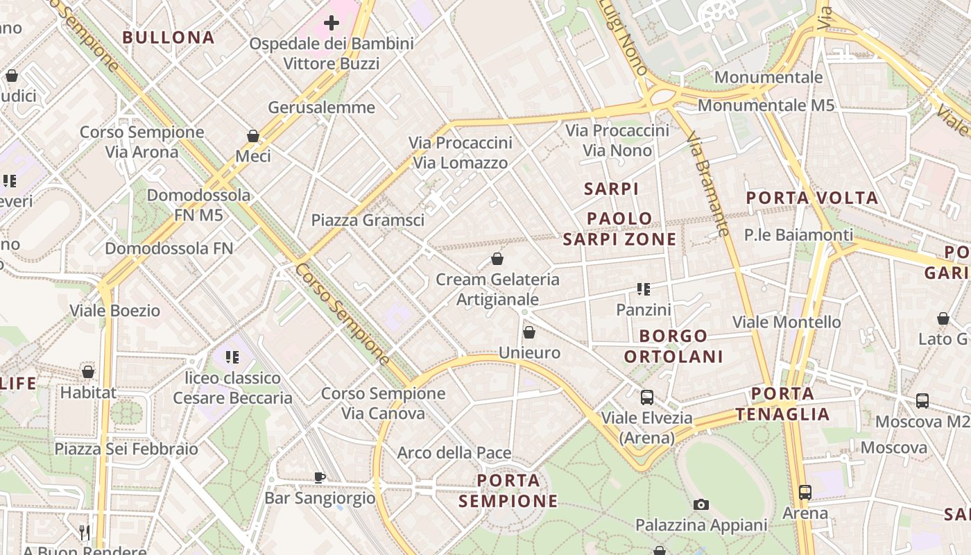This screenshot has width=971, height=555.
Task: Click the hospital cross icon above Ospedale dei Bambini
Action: pos(332,23)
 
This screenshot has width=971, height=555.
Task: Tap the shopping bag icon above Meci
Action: pos(253,136)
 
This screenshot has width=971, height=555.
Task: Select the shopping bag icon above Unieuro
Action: pos(529,332)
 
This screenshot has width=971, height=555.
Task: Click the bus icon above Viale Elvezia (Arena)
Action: pos(647,398)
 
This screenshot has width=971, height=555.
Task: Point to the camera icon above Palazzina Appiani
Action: pos(701,504)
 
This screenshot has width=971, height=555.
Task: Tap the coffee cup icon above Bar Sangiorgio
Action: pos(320,477)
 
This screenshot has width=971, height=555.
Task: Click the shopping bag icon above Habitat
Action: pos(88,372)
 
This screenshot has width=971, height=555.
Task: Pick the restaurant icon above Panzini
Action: pos(644,289)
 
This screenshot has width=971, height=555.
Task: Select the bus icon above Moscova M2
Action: pos(922,400)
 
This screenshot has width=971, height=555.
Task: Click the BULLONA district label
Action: pos(169,37)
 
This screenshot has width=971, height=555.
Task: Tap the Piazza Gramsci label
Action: pos(368,221)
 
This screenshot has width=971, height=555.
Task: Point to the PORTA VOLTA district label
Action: pos(812,198)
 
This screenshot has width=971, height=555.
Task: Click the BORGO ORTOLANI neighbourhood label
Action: pos(673,346)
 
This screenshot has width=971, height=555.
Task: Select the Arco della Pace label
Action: pos(454,453)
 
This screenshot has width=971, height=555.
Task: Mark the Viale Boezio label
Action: pos(115,310)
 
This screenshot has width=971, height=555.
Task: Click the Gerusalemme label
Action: pos(321,108)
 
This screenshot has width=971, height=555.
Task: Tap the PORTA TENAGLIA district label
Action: pos(782,404)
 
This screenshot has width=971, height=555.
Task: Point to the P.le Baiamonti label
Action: pos(798,235)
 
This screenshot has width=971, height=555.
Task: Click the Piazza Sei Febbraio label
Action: pos(126,449)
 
